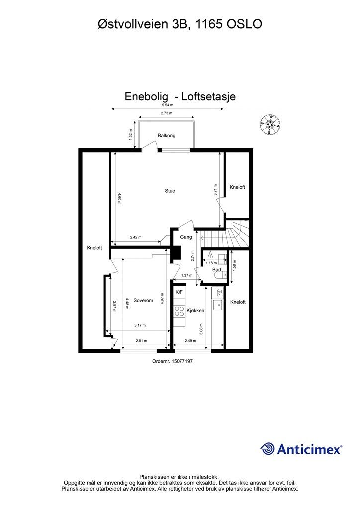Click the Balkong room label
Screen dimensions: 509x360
pos(166,135)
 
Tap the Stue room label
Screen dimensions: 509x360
pos(170,191)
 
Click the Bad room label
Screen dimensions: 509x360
pos(216,270)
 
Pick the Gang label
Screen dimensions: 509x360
pos(186,237)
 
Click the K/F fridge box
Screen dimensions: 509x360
pos(179,292)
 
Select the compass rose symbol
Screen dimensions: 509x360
pos(270,125)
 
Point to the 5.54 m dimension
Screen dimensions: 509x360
pos(167,105)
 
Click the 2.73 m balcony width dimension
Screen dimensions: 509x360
pos(167,114)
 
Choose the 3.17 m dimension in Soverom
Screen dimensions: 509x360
pos(140,326)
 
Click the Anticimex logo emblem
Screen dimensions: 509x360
pos(268,449)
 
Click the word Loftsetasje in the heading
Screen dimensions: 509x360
pos(208,96)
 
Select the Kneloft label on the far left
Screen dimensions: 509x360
pos(94,247)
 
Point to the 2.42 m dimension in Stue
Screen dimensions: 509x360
pos(135,237)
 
